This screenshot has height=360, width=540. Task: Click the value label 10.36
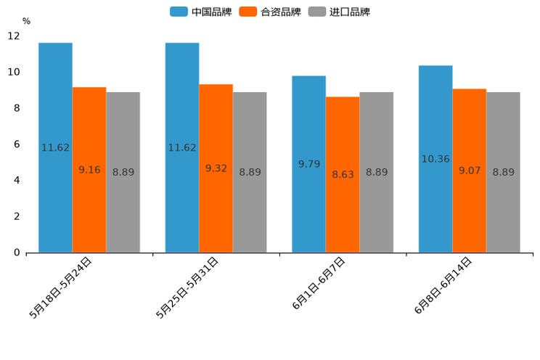[435, 159]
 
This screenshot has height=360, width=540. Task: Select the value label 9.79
[309, 164]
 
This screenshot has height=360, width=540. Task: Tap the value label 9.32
[216, 168]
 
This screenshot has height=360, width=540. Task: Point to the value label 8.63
[343, 174]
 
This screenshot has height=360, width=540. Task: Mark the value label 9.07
[470, 171]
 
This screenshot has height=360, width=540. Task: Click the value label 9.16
[89, 170]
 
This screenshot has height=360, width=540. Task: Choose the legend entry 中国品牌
[201, 12]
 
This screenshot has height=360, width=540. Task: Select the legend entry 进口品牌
[339, 12]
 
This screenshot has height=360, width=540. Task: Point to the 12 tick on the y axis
[14, 36]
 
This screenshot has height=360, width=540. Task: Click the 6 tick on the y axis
[17, 144]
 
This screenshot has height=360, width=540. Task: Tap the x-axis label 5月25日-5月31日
[187, 288]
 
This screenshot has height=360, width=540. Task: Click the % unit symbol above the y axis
[26, 21]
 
